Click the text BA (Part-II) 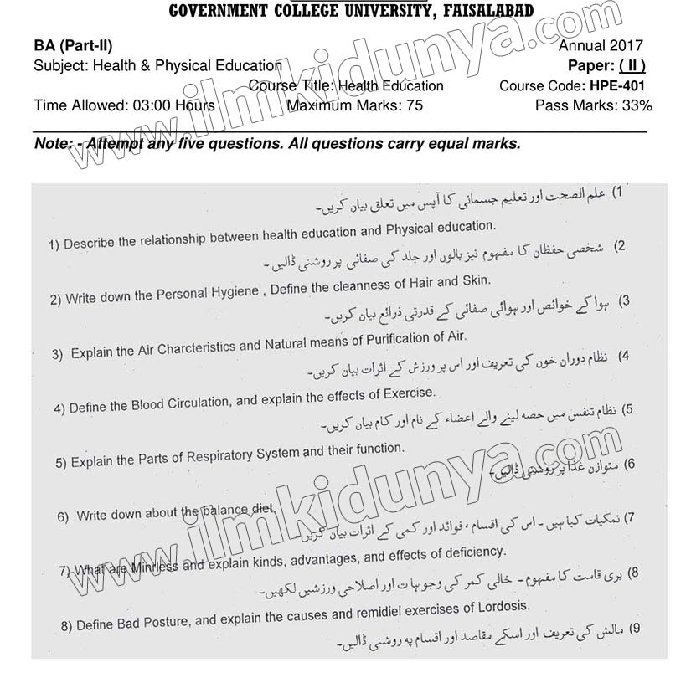point(74,47)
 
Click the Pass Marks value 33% point(636,105)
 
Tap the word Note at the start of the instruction point(54,144)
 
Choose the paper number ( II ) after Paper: point(630,66)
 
